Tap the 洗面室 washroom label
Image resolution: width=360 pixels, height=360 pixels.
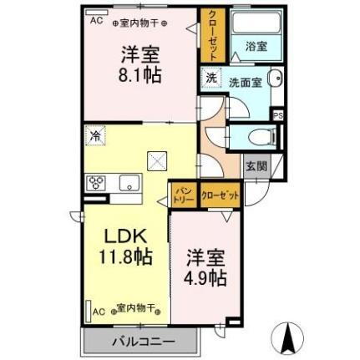point(246,82)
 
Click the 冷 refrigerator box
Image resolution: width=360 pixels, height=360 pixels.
point(96,134)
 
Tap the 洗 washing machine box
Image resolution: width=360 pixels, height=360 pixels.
point(211,79)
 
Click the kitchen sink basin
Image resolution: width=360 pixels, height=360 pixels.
point(129,183)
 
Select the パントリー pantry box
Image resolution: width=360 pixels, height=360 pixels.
point(183,195)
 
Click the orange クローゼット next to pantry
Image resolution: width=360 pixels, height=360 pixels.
point(220,194)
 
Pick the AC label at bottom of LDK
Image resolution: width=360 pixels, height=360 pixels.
point(98,310)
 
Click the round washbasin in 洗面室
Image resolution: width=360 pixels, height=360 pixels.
point(277,80)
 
